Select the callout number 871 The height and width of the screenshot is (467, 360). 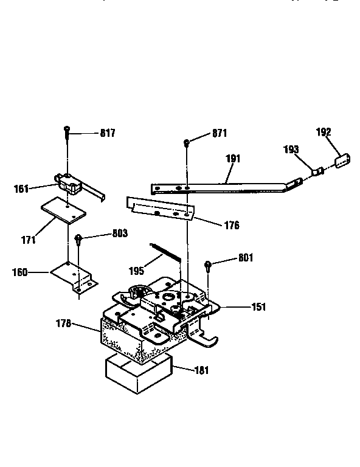[219, 133]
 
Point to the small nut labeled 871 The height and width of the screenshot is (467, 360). [186, 144]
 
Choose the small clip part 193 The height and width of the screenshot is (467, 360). [316, 171]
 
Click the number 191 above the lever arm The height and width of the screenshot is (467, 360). [233, 159]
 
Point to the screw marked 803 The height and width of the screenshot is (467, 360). [78, 240]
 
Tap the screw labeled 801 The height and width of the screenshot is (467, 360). [209, 265]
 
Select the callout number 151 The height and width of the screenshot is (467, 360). [258, 308]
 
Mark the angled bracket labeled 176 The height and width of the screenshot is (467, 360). [161, 210]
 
